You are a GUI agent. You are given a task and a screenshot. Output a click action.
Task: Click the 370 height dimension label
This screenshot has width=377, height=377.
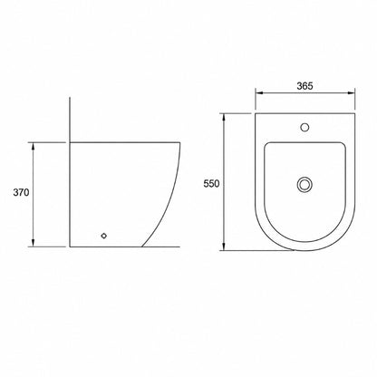pyautogui.click(x=21, y=192)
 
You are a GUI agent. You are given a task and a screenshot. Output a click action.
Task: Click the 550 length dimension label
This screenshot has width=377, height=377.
pyautogui.click(x=211, y=183)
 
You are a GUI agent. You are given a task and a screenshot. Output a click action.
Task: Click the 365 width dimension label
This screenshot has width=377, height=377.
pyautogui.click(x=304, y=86)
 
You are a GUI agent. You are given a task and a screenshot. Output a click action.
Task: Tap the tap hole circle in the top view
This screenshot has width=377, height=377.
pyautogui.click(x=304, y=127)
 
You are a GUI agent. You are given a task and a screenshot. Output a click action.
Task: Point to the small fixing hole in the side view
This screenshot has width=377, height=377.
pyautogui.click(x=103, y=236)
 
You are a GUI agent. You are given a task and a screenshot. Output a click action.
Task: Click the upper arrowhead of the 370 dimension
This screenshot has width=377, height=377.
pyautogui.click(x=33, y=146)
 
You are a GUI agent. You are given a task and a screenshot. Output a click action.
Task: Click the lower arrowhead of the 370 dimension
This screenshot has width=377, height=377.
pyautogui.click(x=33, y=243)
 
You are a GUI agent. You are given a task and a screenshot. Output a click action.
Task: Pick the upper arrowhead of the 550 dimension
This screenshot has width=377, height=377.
pyautogui.click(x=224, y=117)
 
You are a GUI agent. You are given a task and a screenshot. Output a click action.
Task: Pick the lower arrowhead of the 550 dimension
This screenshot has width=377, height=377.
pyautogui.click(x=224, y=246)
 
